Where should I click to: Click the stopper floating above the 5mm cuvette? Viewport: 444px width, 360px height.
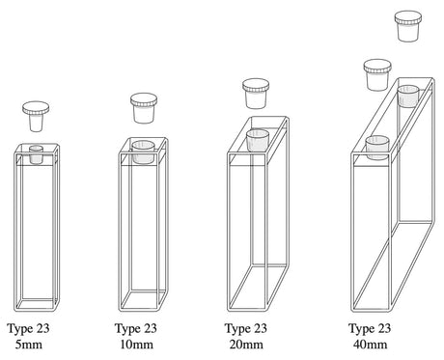click(36, 116)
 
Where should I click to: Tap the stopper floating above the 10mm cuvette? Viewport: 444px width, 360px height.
click(144, 108)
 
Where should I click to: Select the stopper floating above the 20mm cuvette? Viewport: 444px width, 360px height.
click(256, 94)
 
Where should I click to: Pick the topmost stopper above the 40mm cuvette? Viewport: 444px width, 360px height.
click(408, 26)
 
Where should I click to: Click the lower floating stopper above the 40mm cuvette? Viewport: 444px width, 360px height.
click(377, 74)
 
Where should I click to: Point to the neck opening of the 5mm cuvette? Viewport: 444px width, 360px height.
click(36, 154)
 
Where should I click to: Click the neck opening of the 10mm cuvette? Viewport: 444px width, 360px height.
click(143, 152)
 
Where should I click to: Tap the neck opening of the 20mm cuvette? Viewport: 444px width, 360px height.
click(257, 140)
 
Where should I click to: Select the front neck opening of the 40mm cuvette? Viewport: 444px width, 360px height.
click(377, 148)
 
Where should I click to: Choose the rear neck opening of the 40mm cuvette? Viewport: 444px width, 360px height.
click(408, 96)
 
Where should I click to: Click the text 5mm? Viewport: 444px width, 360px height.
click(29, 345)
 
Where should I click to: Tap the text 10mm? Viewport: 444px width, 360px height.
click(136, 345)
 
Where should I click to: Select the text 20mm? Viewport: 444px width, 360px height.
click(246, 345)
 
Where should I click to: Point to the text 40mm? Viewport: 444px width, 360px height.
click(370, 345)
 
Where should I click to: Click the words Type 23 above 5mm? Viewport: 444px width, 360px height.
click(28, 329)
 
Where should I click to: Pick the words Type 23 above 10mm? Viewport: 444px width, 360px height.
click(136, 329)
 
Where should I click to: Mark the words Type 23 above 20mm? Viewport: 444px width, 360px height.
click(246, 329)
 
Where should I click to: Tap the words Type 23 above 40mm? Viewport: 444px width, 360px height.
click(370, 329)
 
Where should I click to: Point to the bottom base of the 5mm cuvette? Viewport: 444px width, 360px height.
click(37, 304)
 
